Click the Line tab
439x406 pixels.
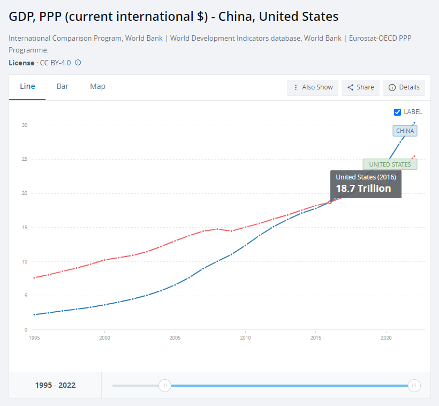point(27,87)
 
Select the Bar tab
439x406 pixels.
point(63,87)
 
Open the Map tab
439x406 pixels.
point(97,87)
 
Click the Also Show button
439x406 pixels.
point(313,87)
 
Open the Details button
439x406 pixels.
point(404,87)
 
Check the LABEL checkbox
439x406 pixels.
point(397,112)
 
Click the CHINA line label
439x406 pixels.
point(405,131)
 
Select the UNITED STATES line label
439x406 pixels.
point(390,164)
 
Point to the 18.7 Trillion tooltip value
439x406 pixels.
point(364,188)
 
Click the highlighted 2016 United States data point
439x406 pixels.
point(330,202)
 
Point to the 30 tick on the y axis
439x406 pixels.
point(25,125)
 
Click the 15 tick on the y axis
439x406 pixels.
point(25,228)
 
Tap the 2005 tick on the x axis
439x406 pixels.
point(175,338)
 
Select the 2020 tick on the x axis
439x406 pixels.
point(386,338)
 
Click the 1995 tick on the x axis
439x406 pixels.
point(34,338)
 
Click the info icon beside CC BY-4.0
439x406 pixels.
point(78,63)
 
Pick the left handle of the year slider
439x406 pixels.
point(165,385)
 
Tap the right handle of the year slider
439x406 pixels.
point(414,385)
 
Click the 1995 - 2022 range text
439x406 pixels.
point(55,385)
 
